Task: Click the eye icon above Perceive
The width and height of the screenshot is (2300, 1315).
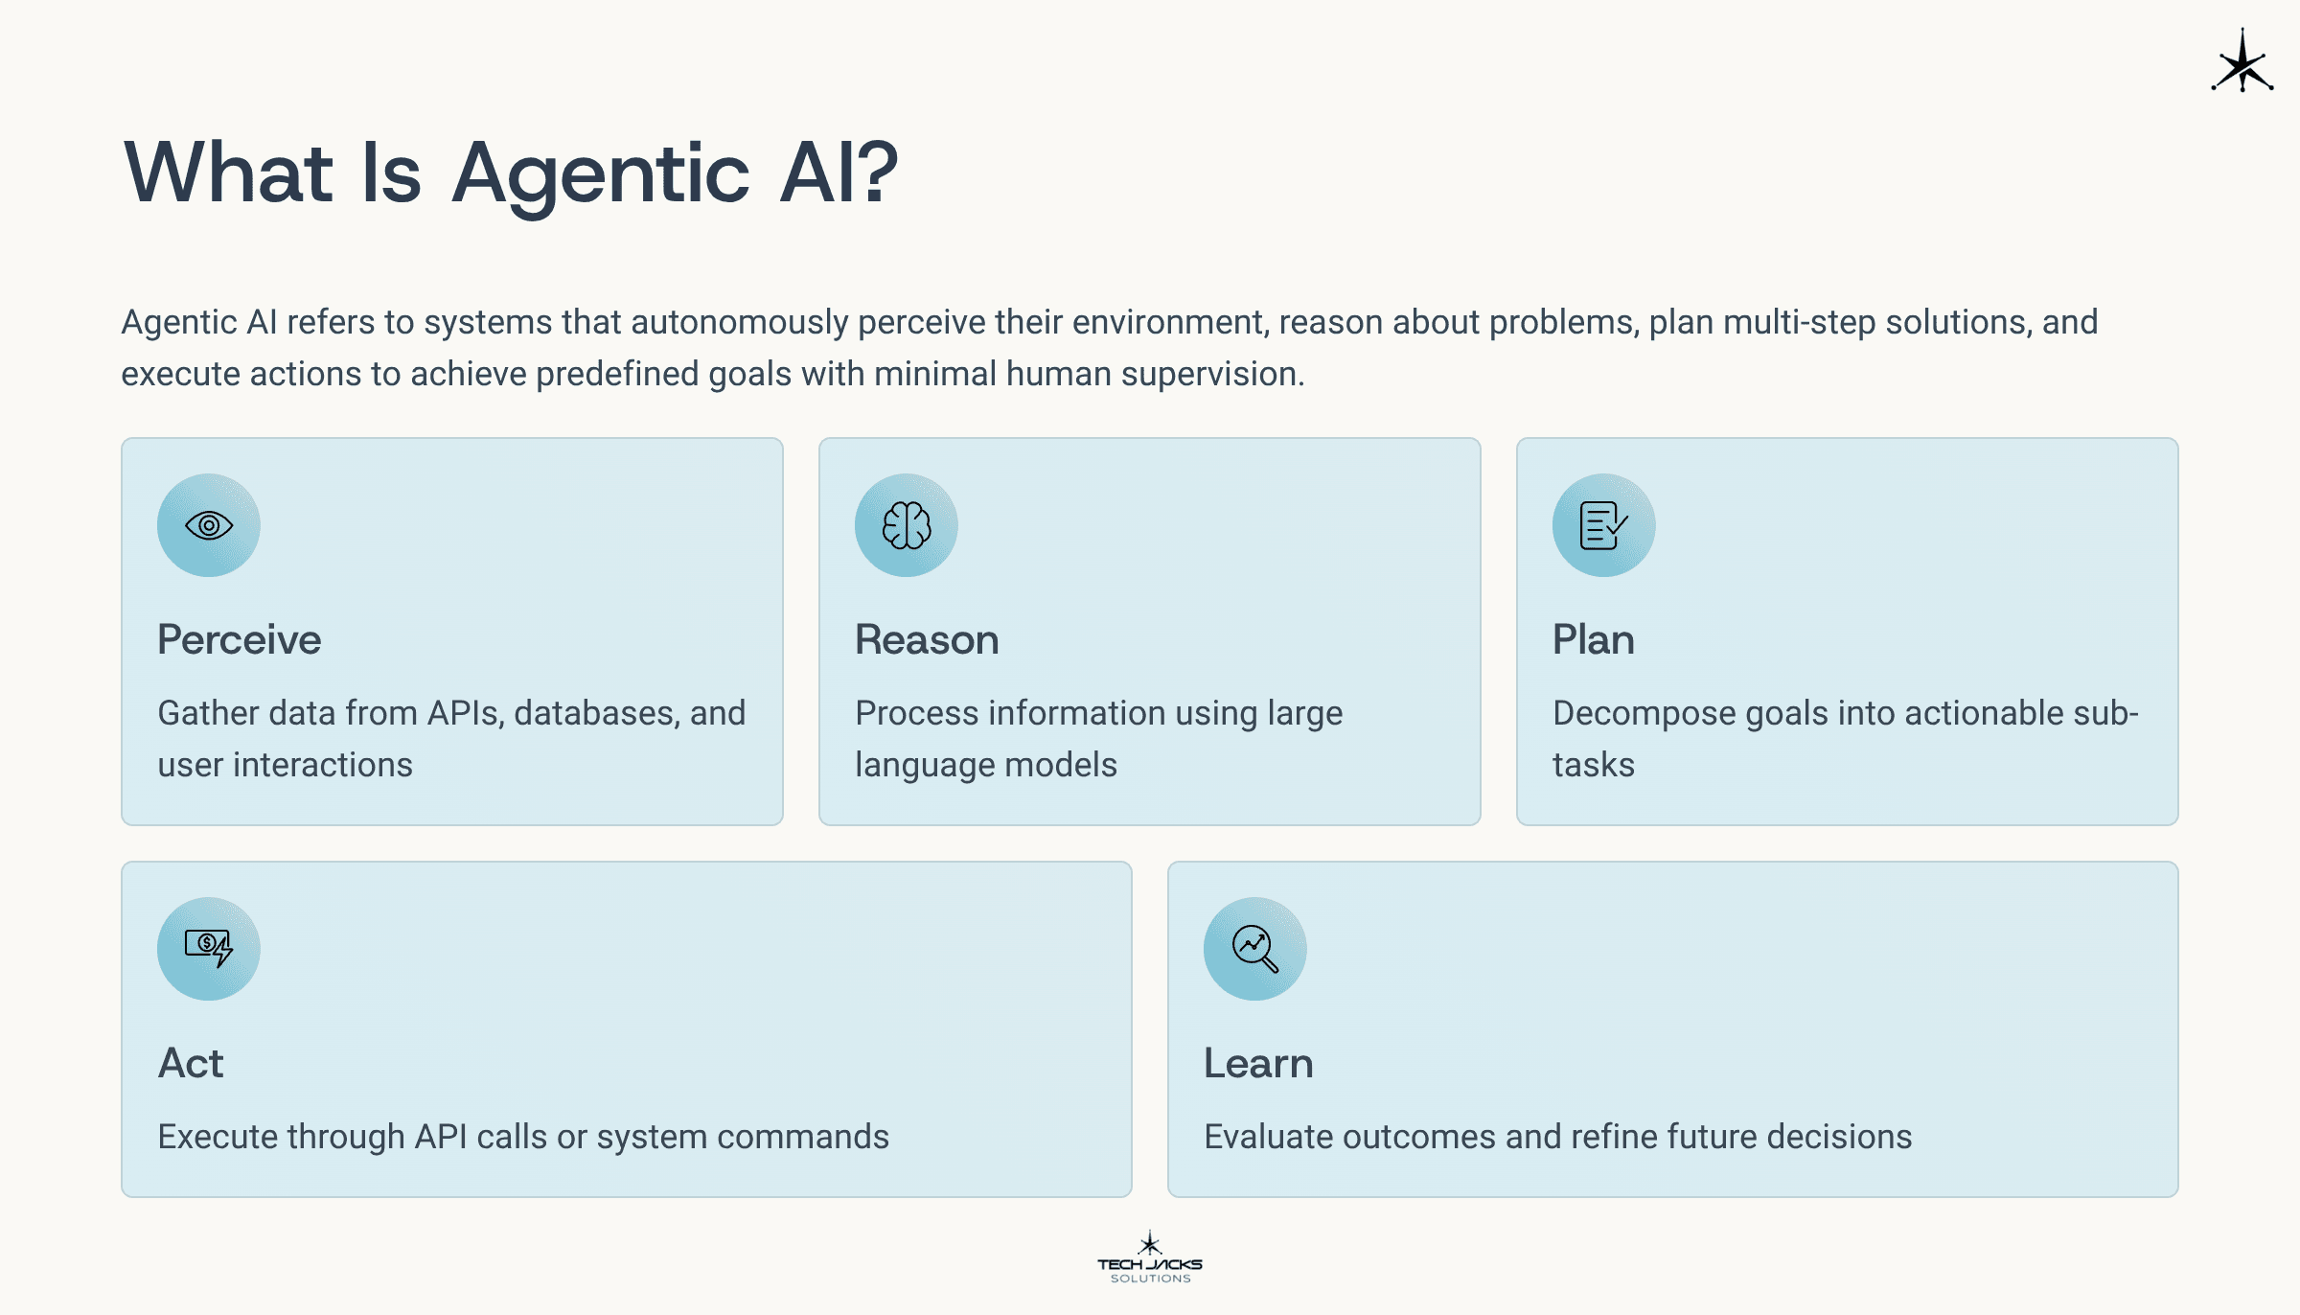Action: [x=209, y=525]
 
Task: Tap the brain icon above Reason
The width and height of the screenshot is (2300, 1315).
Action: [x=907, y=525]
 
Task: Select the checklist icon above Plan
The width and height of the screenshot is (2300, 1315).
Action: [x=1604, y=525]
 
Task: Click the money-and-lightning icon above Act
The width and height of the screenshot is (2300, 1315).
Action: [x=209, y=948]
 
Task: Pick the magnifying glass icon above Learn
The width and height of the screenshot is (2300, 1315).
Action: [x=1255, y=949]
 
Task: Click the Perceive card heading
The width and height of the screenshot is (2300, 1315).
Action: [x=240, y=639]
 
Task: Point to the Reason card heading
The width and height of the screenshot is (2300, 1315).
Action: [x=927, y=639]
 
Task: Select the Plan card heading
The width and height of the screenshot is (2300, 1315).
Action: [x=1594, y=639]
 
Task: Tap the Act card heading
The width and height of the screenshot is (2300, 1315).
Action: [x=191, y=1063]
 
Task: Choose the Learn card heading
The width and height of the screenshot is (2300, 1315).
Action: [x=1258, y=1063]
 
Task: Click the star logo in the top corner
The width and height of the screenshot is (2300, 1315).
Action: [x=2242, y=61]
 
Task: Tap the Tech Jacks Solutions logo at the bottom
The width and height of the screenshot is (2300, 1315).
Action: [x=1150, y=1257]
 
